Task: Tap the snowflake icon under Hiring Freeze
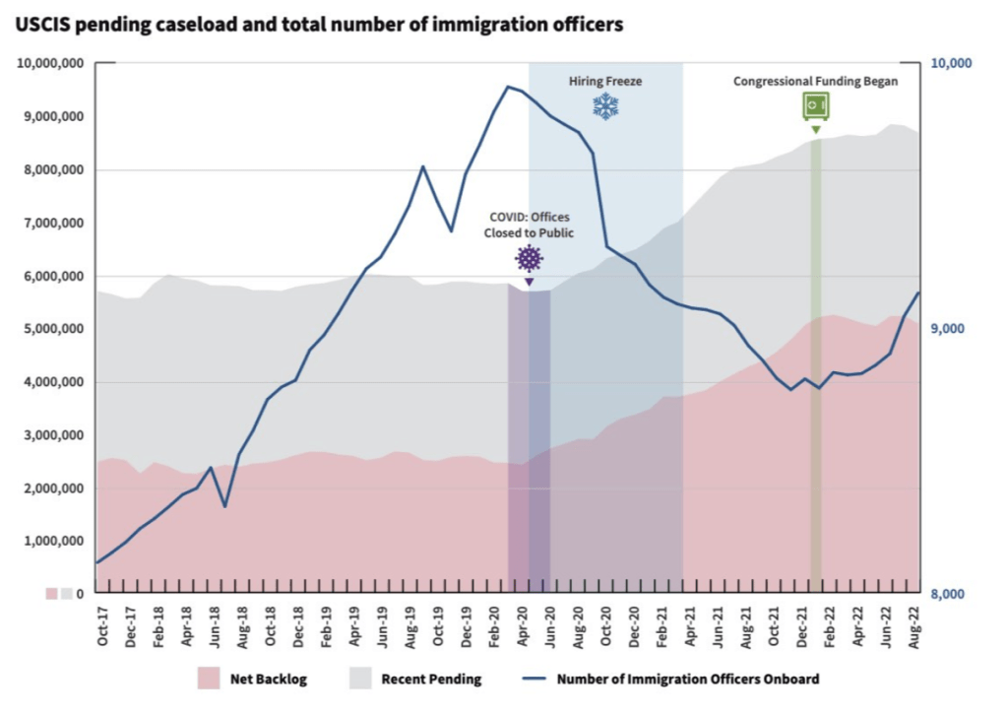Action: (605, 106)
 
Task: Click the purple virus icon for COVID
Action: (530, 259)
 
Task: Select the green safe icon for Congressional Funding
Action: (815, 105)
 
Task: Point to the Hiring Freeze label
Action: (605, 82)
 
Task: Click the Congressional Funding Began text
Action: (815, 82)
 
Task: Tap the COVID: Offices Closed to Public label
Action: (529, 225)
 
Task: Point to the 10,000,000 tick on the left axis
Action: (50, 63)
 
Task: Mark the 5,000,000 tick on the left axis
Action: (54, 329)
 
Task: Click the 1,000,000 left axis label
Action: (54, 542)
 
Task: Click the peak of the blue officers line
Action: (508, 87)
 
